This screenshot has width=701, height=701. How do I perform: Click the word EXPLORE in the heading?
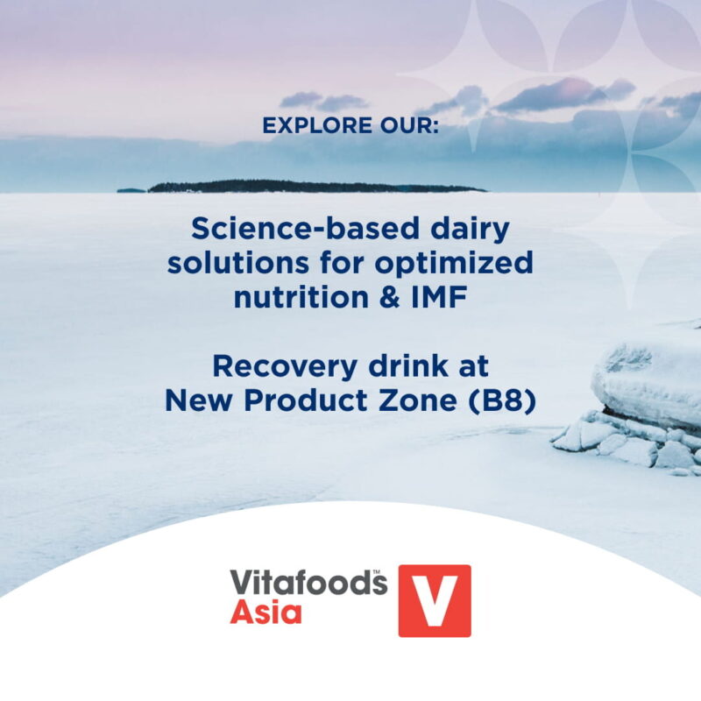click(x=317, y=125)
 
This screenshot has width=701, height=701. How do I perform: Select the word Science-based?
click(x=306, y=228)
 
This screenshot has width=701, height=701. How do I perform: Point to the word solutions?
click(x=237, y=262)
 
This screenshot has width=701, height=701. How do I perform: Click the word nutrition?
click(x=301, y=297)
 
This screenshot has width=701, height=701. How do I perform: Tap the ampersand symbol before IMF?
click(x=389, y=297)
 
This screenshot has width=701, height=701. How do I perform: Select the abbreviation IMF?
click(x=439, y=297)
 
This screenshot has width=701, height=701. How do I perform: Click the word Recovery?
click(x=285, y=367)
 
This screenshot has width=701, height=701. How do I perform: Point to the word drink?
click(x=408, y=365)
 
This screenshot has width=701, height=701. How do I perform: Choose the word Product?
click(x=305, y=400)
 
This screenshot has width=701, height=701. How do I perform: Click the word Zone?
click(x=418, y=400)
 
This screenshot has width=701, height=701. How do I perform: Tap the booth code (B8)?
click(x=501, y=400)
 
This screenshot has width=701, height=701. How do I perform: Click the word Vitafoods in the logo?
click(x=308, y=582)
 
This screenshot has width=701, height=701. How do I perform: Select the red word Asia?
click(x=266, y=612)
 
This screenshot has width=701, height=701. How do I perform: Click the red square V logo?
click(x=435, y=601)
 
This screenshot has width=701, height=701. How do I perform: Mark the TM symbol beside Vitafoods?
click(x=377, y=572)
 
